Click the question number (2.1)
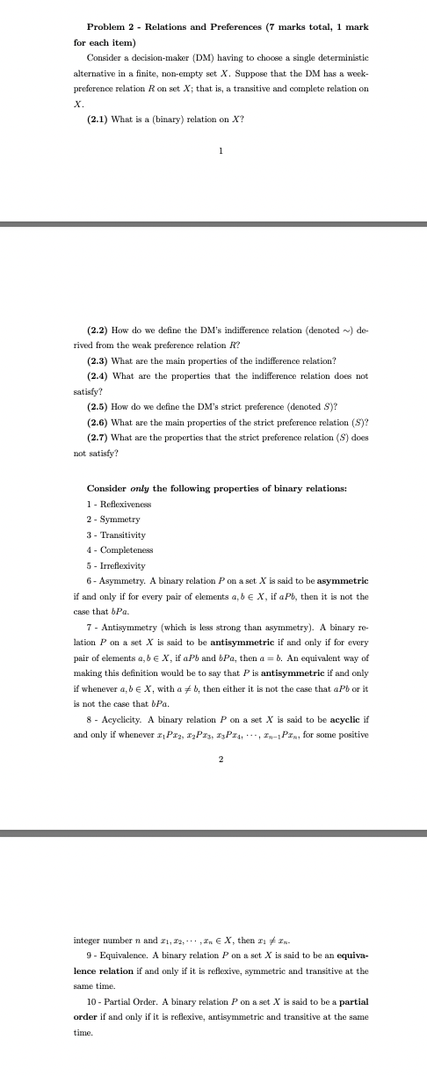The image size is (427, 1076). click(x=98, y=119)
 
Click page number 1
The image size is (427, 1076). click(x=221, y=150)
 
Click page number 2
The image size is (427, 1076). click(x=221, y=759)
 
